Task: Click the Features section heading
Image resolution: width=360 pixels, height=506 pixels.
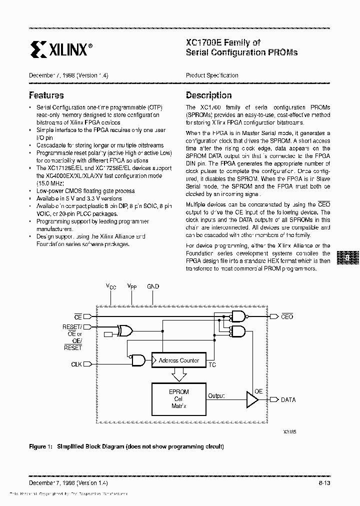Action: pos(46,95)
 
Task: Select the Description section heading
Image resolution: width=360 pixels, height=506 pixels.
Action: pos(208,95)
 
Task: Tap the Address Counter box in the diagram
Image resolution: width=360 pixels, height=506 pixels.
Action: pos(178,360)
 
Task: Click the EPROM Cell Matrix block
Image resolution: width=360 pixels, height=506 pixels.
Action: pos(178,399)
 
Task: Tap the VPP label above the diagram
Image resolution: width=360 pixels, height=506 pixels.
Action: pos(131,287)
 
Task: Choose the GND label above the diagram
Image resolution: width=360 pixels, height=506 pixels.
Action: pos(153,286)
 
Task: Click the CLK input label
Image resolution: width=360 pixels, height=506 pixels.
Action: pos(76,364)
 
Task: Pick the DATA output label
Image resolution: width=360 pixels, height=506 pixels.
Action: pos(288,399)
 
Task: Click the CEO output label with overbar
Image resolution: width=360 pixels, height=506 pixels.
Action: pos(287,316)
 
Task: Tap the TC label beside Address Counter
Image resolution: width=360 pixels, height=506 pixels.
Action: pos(212,365)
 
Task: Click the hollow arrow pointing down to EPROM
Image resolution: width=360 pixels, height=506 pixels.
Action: pos(178,374)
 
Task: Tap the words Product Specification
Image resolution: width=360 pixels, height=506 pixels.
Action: pos(212,75)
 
